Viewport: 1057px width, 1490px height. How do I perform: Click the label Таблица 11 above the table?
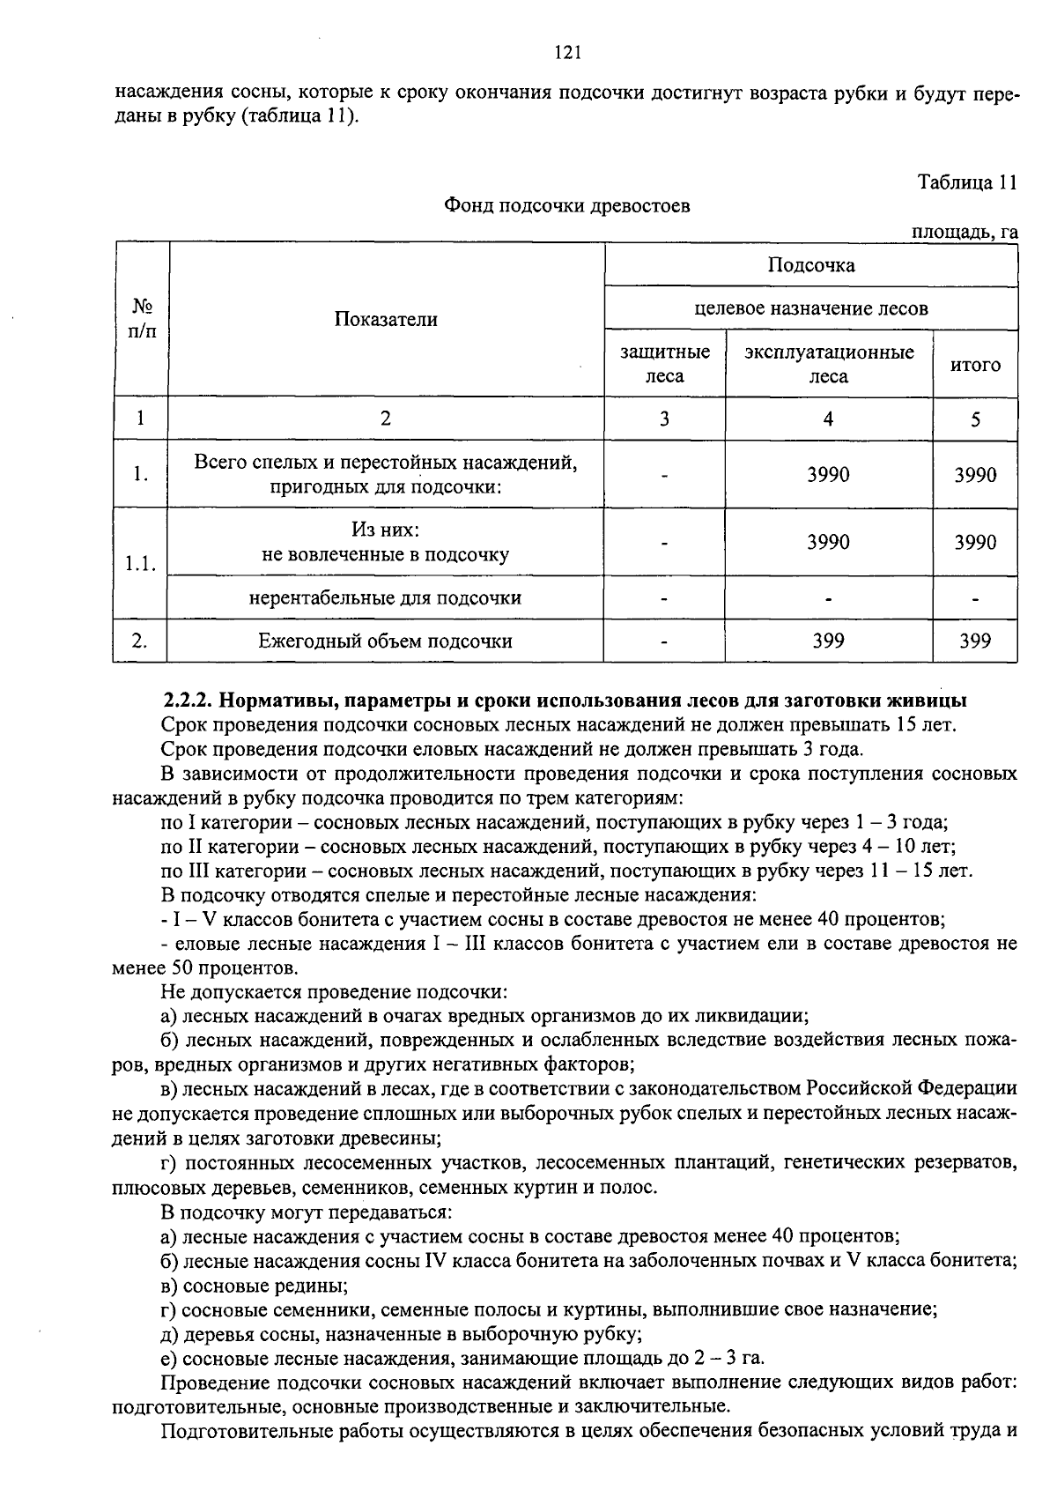coord(967,182)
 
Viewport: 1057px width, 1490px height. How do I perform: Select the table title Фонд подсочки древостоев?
coord(566,206)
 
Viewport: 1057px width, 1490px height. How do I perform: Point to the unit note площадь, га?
coord(965,232)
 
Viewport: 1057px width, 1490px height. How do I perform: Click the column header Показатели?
coord(385,319)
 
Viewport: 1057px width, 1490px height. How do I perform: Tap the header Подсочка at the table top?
coord(810,265)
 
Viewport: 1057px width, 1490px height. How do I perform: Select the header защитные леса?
coord(664,364)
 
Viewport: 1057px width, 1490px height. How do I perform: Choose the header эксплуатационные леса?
coord(828,364)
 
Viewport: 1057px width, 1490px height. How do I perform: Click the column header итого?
coord(974,365)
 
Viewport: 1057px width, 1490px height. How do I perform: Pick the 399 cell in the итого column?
coord(974,641)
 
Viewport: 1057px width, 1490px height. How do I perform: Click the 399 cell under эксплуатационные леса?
coord(828,641)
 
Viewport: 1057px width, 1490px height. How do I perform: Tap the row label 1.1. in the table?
coord(140,564)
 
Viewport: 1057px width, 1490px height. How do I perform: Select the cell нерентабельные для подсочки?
coord(385,597)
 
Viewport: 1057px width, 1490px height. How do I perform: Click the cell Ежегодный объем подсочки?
coord(385,641)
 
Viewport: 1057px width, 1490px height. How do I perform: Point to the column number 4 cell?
coord(828,419)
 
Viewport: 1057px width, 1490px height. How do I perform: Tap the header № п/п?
coord(141,319)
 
